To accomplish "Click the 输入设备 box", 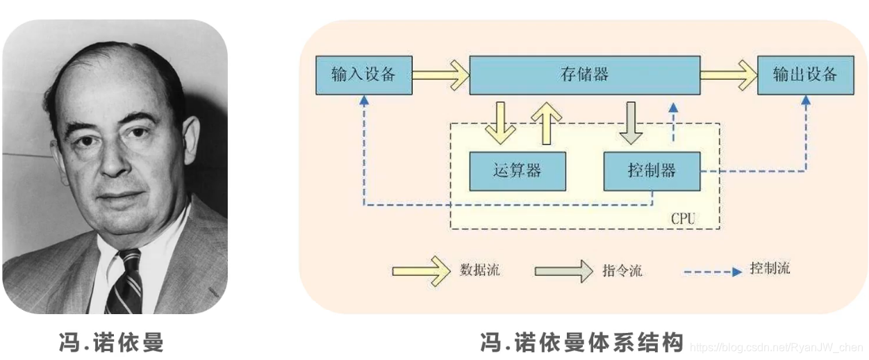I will pos(363,75).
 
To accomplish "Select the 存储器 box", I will pos(584,75).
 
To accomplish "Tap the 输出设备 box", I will pos(805,75).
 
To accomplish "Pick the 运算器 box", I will pos(517,170).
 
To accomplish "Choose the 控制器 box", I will pos(651,170).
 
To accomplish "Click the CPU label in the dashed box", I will pos(683,219).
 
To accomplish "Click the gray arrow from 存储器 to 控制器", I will pos(631,122).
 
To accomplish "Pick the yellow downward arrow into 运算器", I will pos(500,122).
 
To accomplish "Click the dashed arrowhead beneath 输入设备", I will pos(363,100).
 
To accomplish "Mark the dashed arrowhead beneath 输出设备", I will pos(806,100).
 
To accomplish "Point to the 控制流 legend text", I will pos(770,269).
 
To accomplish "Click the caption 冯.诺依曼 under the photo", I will pos(112,343).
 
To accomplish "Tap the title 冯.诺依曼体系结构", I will pos(582,343).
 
